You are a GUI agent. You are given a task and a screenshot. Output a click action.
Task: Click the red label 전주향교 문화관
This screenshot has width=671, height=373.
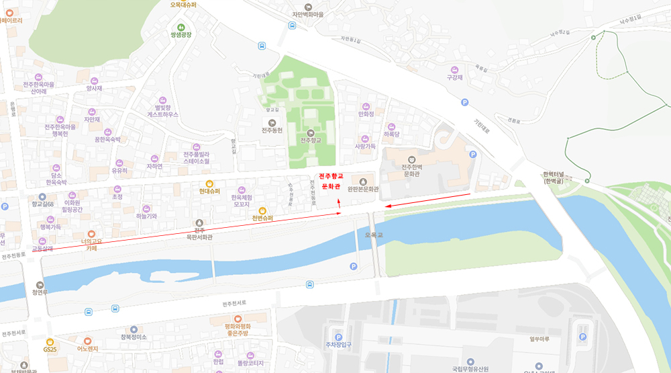click(x=331, y=180)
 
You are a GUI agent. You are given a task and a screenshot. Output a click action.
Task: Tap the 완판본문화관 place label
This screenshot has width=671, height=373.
click(x=363, y=190)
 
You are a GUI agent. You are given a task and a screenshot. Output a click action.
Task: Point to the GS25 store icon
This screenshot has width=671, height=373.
click(x=50, y=341)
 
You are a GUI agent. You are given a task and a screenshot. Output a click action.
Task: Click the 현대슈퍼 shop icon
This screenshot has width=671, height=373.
click(x=209, y=183)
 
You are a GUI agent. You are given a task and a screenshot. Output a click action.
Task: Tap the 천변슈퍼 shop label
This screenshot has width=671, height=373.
click(x=262, y=218)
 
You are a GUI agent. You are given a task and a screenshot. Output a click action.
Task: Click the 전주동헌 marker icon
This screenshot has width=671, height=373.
click(x=272, y=121)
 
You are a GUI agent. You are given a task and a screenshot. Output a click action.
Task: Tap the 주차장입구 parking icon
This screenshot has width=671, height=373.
click(x=338, y=337)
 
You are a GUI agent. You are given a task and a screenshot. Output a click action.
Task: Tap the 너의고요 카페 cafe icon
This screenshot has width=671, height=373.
click(x=91, y=233)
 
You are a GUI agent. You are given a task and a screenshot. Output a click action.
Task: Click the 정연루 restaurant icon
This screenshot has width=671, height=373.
click(x=39, y=285)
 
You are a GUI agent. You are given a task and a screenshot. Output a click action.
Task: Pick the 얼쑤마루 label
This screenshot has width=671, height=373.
click(x=539, y=339)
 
